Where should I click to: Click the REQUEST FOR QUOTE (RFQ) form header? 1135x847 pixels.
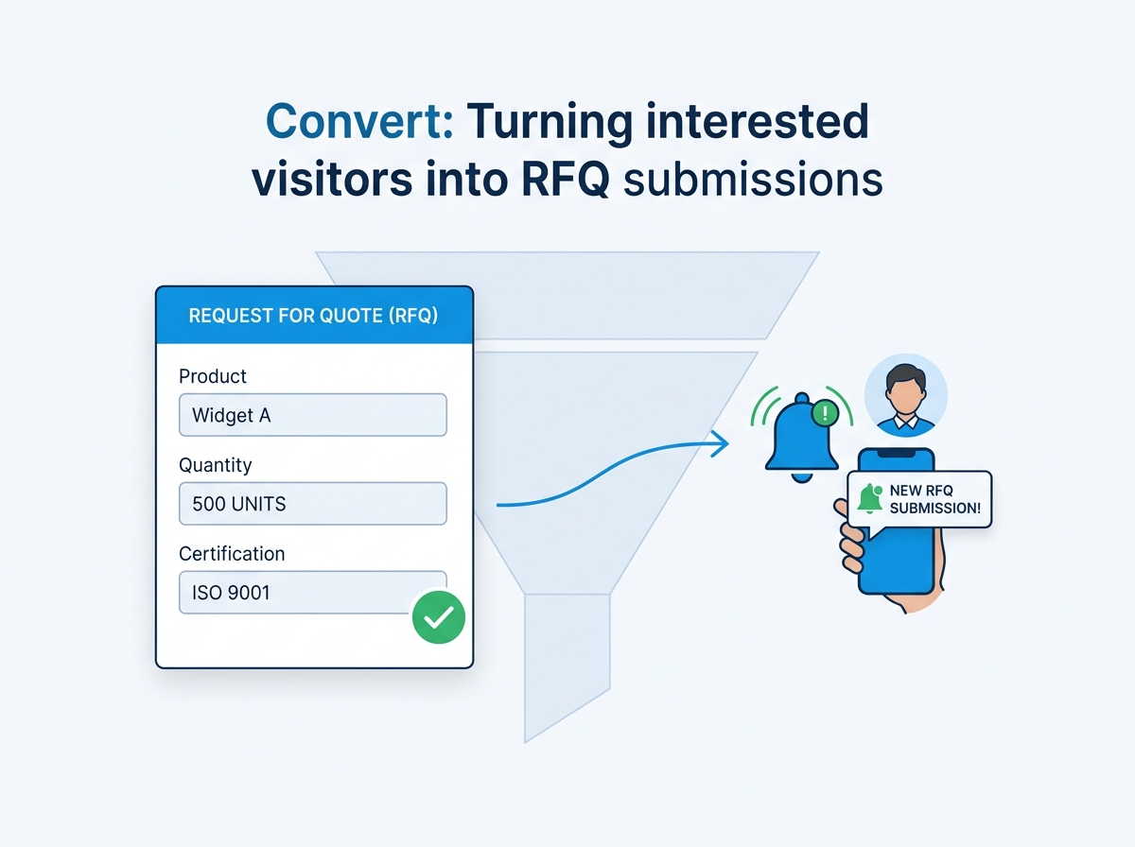tap(313, 316)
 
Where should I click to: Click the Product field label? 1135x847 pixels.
tap(213, 376)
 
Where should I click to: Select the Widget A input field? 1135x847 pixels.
tap(312, 415)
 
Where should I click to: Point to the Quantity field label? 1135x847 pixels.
tap(216, 465)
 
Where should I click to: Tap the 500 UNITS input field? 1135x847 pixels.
tap(312, 504)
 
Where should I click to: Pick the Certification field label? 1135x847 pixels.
tap(232, 554)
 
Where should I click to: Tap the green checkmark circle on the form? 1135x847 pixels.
tap(439, 617)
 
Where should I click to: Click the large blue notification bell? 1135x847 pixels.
tap(799, 438)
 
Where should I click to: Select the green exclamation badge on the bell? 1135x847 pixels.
tap(826, 412)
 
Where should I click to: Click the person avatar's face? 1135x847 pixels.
tap(905, 389)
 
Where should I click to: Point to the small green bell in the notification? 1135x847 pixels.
tap(869, 499)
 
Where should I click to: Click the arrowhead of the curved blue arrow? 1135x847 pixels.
tap(722, 441)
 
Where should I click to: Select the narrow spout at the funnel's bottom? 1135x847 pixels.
tap(566, 662)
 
